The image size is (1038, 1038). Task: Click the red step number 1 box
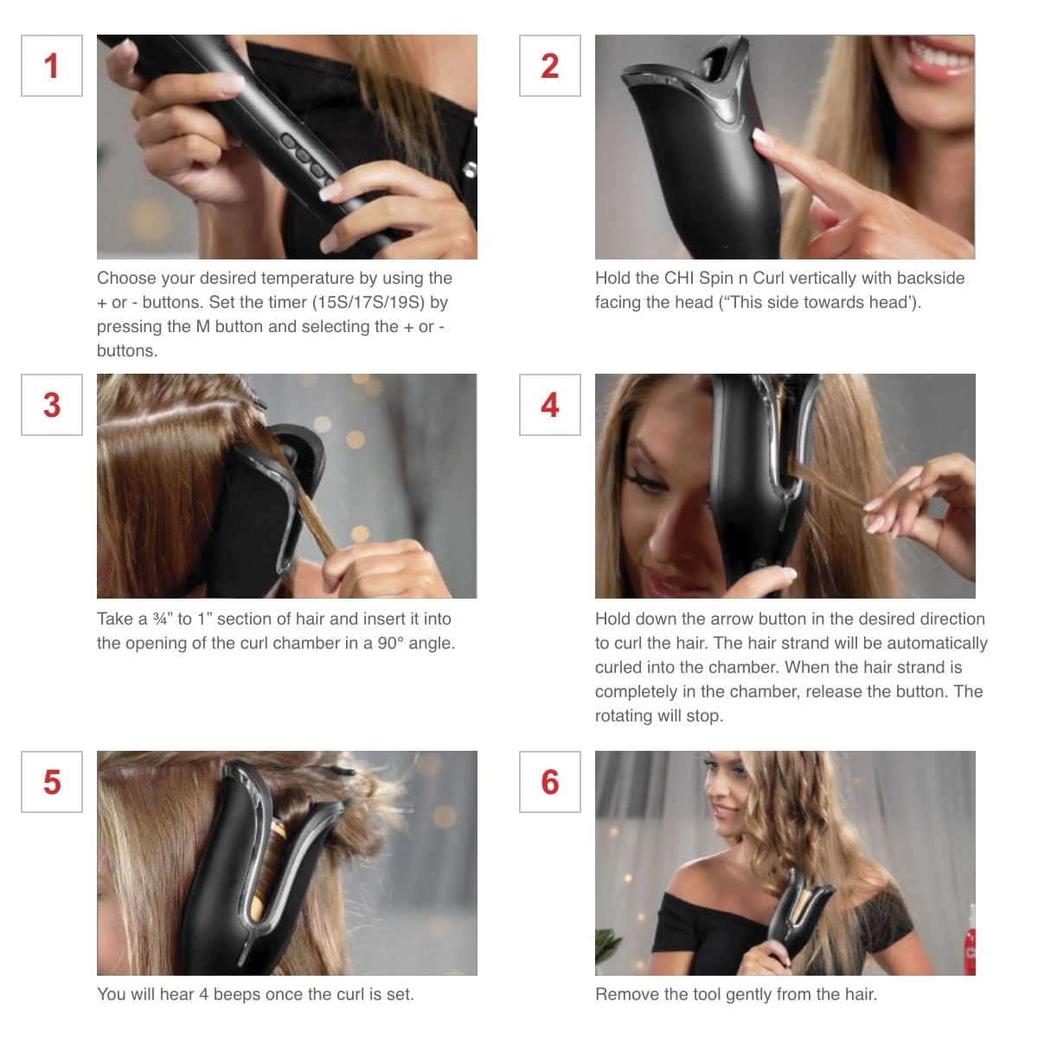pyautogui.click(x=52, y=66)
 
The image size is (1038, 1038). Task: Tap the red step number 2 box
pyautogui.click(x=550, y=66)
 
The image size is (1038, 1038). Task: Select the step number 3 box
pyautogui.click(x=52, y=405)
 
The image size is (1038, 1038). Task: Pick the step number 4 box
pyautogui.click(x=550, y=405)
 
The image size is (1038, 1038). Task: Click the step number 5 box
pyautogui.click(x=52, y=782)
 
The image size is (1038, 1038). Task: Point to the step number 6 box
pyautogui.click(x=550, y=782)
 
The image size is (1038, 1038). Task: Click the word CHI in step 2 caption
pyautogui.click(x=679, y=279)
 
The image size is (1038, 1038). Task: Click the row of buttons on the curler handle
pyautogui.click(x=308, y=161)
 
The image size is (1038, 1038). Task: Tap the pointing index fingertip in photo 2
pyautogui.click(x=762, y=137)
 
